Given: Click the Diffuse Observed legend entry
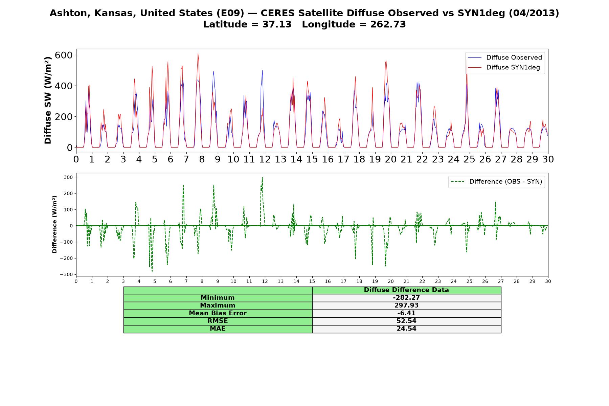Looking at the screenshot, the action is [x=505, y=58].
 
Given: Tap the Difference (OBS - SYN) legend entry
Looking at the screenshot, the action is [x=496, y=182].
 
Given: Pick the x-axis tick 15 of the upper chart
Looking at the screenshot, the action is [x=312, y=159].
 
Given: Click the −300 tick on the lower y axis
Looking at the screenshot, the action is [x=66, y=274].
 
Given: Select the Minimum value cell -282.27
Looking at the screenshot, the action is [x=406, y=298].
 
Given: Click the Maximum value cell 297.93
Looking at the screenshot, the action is [x=406, y=306].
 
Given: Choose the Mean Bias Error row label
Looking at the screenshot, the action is [x=218, y=313].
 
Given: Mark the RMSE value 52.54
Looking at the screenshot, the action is [x=406, y=321].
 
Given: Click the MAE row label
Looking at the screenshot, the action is [x=218, y=329].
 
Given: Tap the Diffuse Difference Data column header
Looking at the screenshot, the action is [x=406, y=290].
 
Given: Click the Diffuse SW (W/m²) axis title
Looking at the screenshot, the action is [x=48, y=100].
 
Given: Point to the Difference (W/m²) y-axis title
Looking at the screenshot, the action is [x=54, y=225].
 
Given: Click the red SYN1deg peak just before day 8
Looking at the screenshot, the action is [x=198, y=53].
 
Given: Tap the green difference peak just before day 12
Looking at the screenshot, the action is [x=262, y=177].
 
